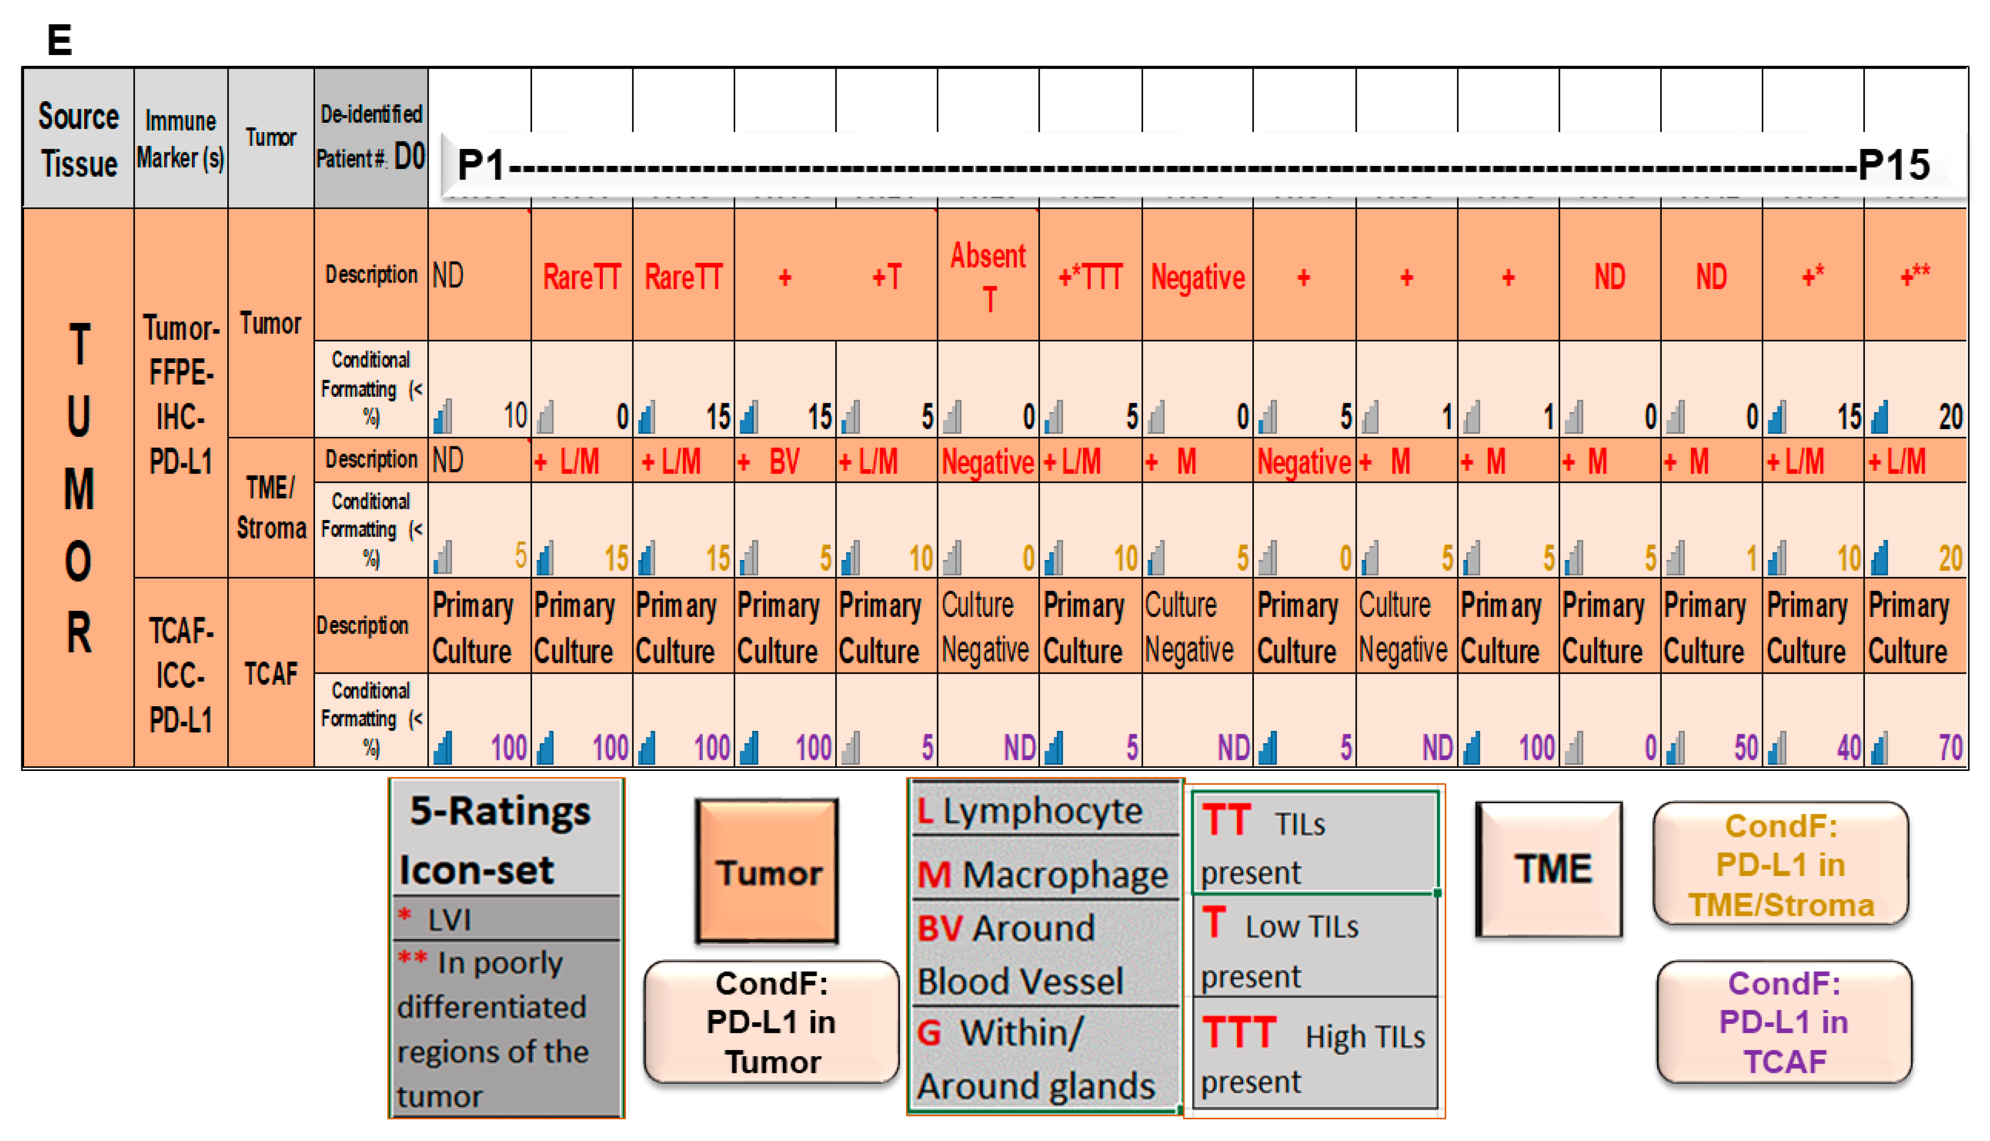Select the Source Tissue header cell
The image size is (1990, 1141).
(x=78, y=139)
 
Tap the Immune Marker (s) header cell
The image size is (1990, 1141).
(x=180, y=139)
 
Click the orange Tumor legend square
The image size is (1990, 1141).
(x=767, y=871)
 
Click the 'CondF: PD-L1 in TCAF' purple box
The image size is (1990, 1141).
(x=1784, y=1022)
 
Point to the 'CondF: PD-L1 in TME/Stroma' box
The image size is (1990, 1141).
(x=1781, y=864)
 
